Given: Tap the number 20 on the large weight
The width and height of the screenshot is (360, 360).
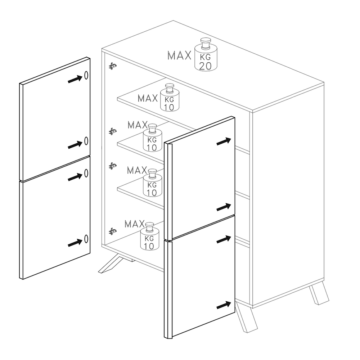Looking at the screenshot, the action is (205, 66).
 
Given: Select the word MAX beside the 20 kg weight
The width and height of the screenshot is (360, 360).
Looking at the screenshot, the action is (179, 55).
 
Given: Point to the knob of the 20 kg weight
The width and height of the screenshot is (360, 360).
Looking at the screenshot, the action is (206, 44).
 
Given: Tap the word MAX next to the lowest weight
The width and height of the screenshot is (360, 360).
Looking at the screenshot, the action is (135, 224).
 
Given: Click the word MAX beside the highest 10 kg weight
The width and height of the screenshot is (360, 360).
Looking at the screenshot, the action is (148, 98).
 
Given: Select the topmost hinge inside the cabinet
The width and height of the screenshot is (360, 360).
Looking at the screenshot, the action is (112, 66).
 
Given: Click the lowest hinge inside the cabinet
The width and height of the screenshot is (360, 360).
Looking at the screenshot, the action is (112, 231).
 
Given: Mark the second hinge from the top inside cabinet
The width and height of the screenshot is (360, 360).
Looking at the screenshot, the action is (112, 131).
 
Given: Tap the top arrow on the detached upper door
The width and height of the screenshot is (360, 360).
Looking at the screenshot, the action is (75, 79).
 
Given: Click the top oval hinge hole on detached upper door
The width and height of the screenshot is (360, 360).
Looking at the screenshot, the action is (86, 75).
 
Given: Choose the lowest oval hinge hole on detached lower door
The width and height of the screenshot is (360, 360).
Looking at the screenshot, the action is (86, 239).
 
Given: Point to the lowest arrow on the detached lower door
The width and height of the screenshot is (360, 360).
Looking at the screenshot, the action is (75, 243).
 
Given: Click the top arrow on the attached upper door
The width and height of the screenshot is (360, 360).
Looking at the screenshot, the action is (224, 141).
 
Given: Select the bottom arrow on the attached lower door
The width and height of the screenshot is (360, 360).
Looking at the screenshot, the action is (224, 305).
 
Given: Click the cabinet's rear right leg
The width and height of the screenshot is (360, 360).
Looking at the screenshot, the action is (319, 294).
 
